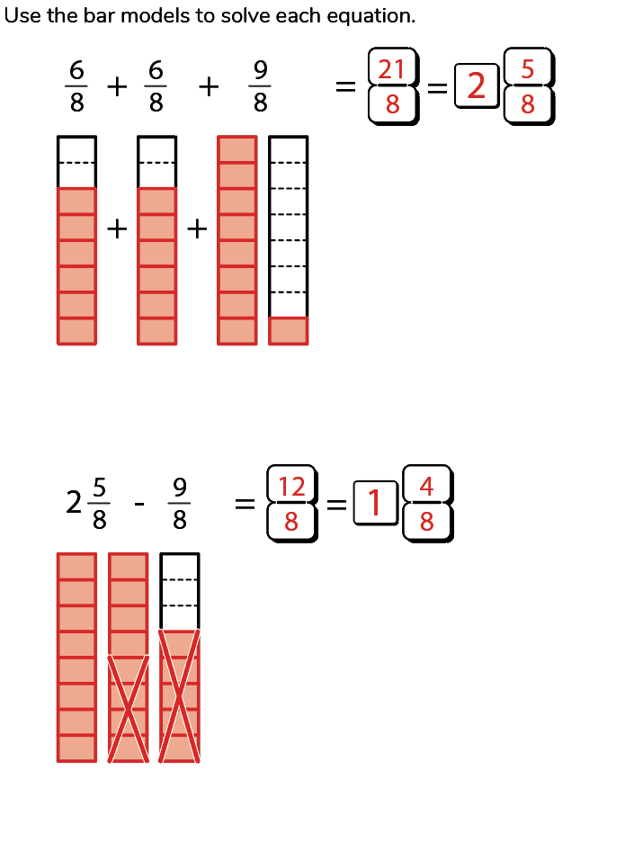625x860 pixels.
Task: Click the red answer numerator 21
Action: (x=392, y=69)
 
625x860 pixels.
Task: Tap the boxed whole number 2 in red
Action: (x=477, y=86)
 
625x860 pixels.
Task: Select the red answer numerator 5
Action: (x=528, y=69)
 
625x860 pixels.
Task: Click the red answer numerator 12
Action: (x=291, y=487)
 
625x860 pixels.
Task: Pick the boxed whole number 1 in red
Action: (x=375, y=504)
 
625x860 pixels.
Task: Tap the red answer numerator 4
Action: (x=426, y=487)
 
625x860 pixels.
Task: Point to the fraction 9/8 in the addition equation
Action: (x=260, y=86)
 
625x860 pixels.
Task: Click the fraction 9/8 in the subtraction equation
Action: (x=179, y=504)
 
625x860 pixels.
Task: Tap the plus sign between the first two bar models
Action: (x=117, y=230)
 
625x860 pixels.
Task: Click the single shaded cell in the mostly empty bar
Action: (x=288, y=331)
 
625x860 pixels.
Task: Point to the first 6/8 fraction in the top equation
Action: (x=77, y=86)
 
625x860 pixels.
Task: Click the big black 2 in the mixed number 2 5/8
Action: (x=75, y=503)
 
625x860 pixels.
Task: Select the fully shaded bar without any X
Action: (x=76, y=657)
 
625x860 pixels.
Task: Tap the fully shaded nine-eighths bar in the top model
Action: (x=237, y=240)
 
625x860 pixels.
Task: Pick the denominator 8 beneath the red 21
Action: (x=392, y=105)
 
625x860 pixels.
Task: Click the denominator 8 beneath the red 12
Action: (x=291, y=522)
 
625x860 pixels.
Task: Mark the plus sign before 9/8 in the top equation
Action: (x=209, y=86)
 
